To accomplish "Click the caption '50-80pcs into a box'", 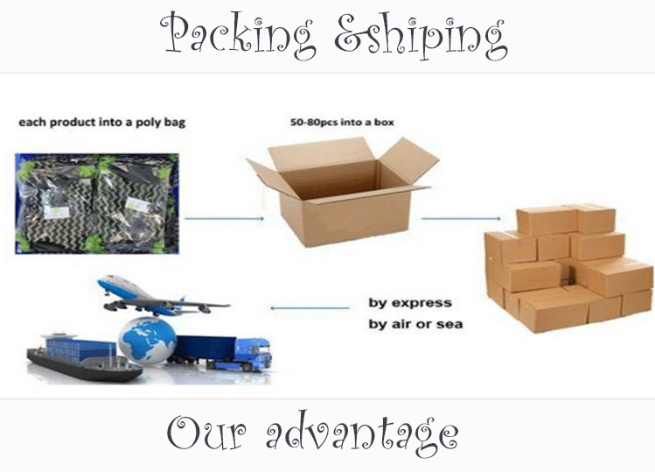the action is point(342,122).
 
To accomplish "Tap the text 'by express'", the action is point(409,303).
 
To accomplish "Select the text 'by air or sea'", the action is point(415,324).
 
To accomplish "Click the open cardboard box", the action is point(342,188).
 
